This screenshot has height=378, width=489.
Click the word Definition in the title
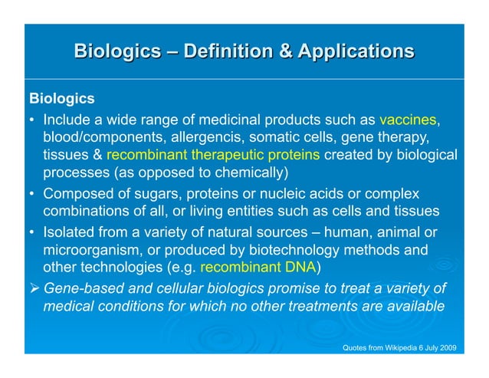point(230,51)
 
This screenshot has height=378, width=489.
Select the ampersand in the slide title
point(284,51)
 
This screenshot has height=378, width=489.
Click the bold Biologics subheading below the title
point(61,100)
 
